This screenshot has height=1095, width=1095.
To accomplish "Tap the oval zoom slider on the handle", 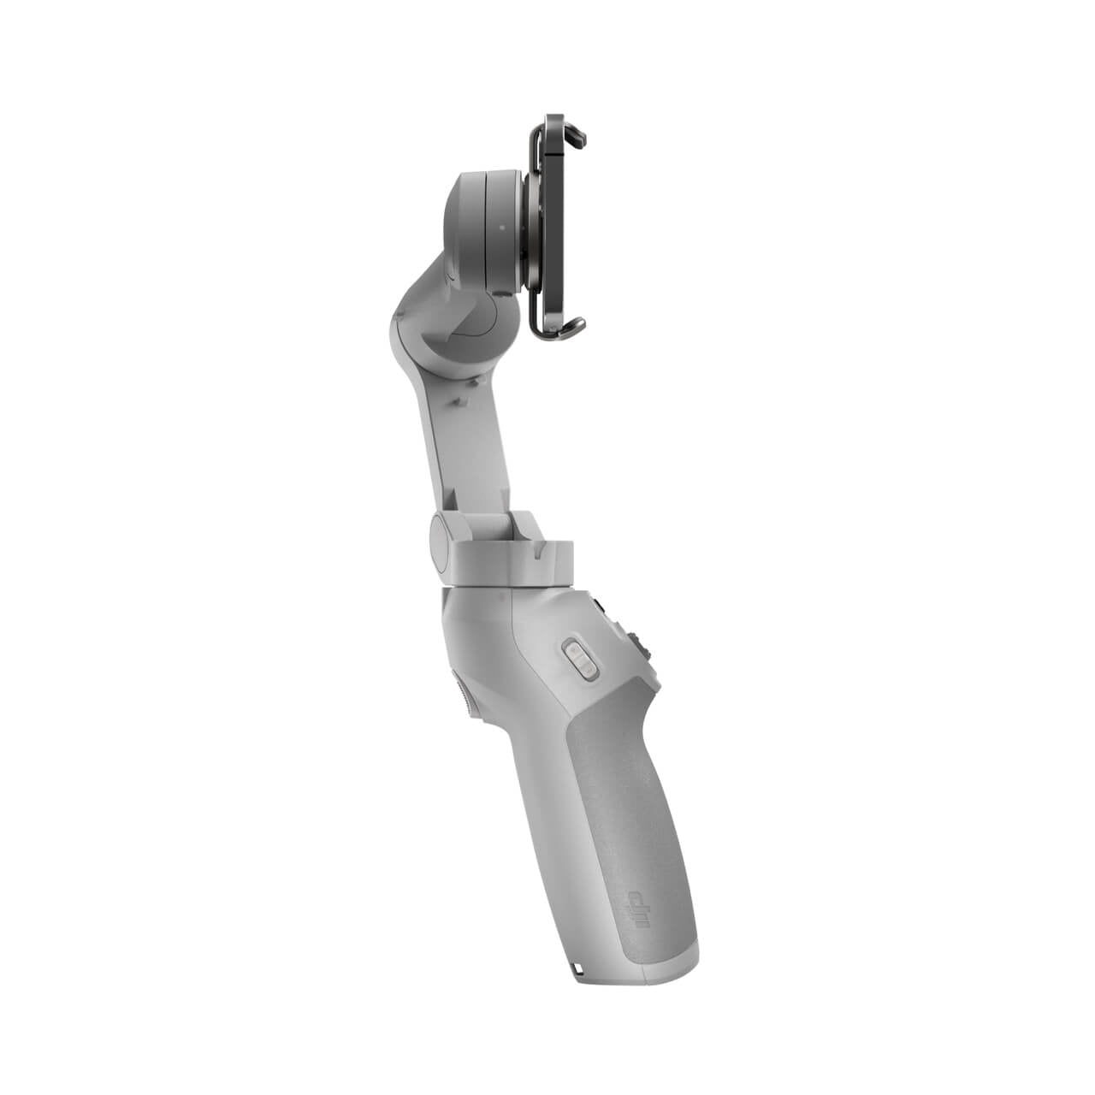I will (x=578, y=660).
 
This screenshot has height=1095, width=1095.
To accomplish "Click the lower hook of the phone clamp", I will (x=571, y=325).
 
